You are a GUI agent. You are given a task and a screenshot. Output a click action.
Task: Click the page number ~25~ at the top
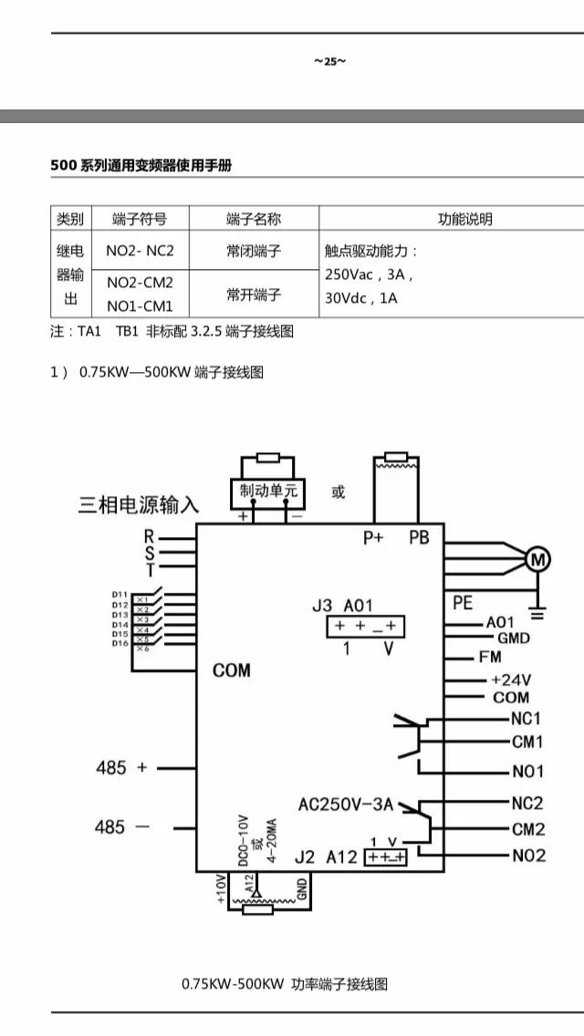pyautogui.click(x=329, y=61)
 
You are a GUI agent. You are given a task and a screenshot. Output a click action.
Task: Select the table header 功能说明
pyautogui.click(x=464, y=219)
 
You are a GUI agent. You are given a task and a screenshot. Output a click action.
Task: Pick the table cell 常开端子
pyautogui.click(x=254, y=295)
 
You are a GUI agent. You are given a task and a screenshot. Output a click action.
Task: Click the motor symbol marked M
pyautogui.click(x=537, y=558)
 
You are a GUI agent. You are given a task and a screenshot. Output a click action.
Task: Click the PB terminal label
pyautogui.click(x=419, y=537)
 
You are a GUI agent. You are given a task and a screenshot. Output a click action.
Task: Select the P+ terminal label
pyautogui.click(x=373, y=537)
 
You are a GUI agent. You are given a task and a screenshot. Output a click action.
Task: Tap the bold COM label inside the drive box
pyautogui.click(x=231, y=670)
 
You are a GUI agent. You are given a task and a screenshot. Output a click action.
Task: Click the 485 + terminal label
pyautogui.click(x=121, y=768)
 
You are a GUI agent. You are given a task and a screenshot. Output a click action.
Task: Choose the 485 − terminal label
pyautogui.click(x=121, y=827)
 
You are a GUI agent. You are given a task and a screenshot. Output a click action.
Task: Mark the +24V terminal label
pyautogui.click(x=511, y=679)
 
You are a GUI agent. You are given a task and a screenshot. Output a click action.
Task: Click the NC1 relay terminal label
pyautogui.click(x=527, y=719)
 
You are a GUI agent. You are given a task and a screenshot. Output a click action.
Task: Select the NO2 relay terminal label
pyautogui.click(x=528, y=855)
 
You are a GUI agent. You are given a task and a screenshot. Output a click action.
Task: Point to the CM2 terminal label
pyautogui.click(x=528, y=829)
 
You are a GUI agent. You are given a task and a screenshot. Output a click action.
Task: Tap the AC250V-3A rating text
pyautogui.click(x=346, y=804)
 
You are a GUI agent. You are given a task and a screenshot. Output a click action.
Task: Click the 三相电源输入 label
pyautogui.click(x=138, y=504)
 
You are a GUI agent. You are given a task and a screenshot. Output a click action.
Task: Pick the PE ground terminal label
pyautogui.click(x=464, y=603)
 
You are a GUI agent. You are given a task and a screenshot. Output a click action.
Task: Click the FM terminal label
pyautogui.click(x=489, y=657)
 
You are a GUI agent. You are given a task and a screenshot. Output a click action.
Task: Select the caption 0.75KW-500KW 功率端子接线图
pyautogui.click(x=285, y=984)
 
